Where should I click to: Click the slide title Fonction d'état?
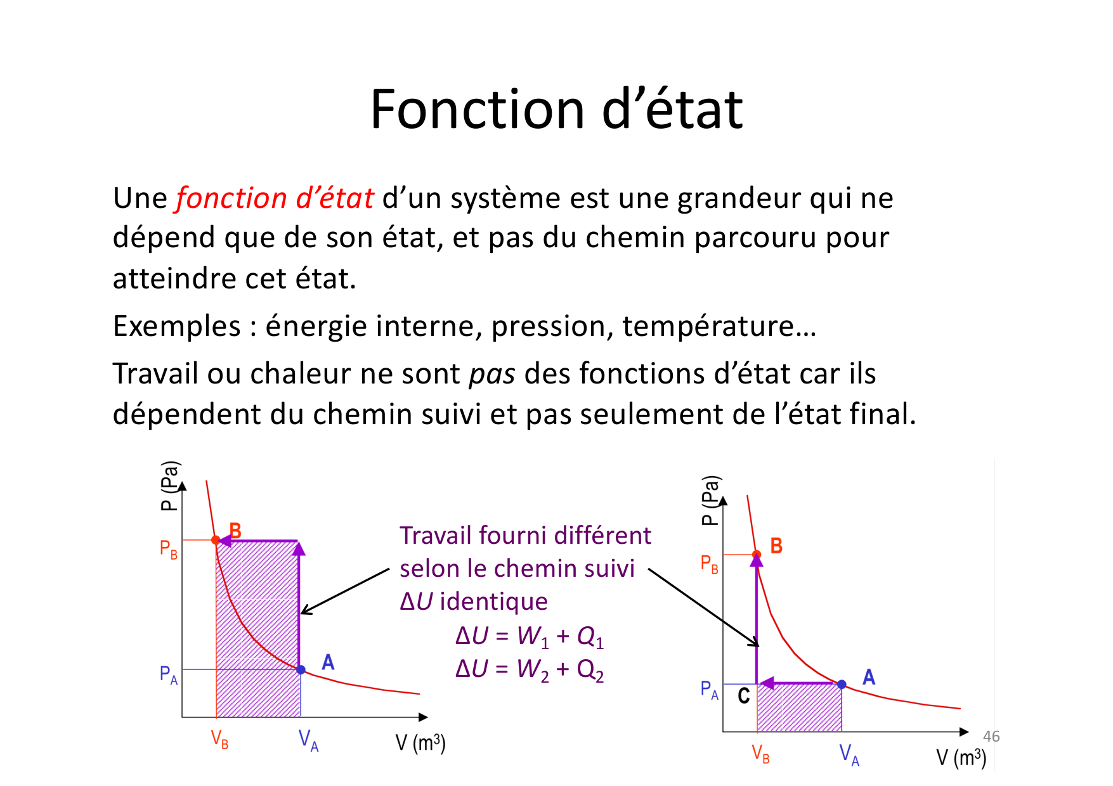[x=556, y=109]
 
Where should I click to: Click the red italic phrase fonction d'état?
[x=275, y=198]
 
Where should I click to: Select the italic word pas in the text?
[x=492, y=375]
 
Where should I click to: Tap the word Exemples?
[x=177, y=327]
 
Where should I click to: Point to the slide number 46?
[x=991, y=736]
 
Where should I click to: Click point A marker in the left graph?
[x=301, y=669]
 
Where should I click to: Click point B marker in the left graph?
[x=216, y=540]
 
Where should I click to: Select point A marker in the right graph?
[x=842, y=685]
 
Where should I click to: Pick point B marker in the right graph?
[x=757, y=555]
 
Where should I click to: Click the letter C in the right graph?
[x=744, y=696]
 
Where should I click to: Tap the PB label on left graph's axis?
[x=168, y=549]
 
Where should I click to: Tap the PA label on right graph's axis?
[x=709, y=690]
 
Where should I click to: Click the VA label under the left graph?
[x=308, y=740]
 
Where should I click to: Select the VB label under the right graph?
[x=760, y=754]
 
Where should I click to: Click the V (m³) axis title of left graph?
[x=420, y=742]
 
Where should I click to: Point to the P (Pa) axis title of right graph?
[x=711, y=501]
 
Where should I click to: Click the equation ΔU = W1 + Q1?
[x=530, y=636]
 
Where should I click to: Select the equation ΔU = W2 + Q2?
[x=530, y=670]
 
